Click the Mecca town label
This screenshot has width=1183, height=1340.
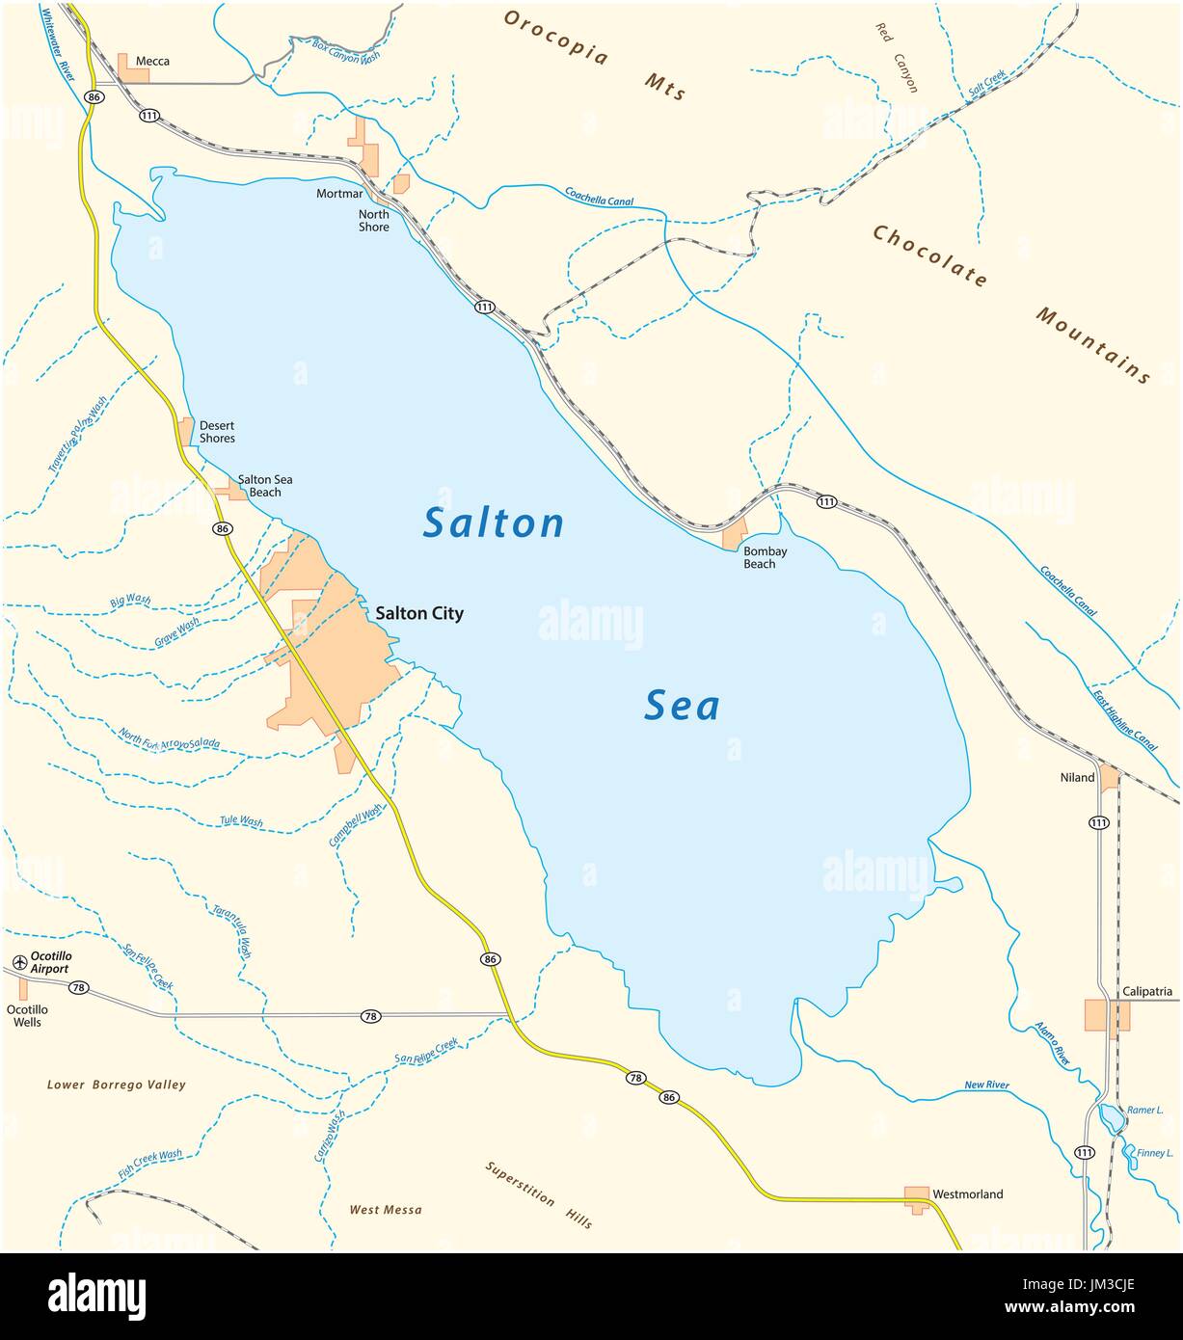pyautogui.click(x=152, y=61)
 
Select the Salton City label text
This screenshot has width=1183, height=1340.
pyautogui.click(x=419, y=613)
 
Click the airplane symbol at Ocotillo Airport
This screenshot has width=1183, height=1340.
pyautogui.click(x=19, y=962)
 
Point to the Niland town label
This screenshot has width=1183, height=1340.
pyautogui.click(x=1077, y=777)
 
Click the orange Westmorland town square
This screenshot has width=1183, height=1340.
pyautogui.click(x=916, y=1195)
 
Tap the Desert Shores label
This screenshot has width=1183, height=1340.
pyautogui.click(x=217, y=432)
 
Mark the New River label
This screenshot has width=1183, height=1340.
pyautogui.click(x=986, y=1085)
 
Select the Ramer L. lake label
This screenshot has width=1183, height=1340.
pyautogui.click(x=1146, y=1110)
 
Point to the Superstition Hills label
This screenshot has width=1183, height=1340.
pyautogui.click(x=538, y=1194)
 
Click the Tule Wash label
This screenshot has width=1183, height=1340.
pyautogui.click(x=241, y=821)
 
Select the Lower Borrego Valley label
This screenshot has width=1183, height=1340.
pyautogui.click(x=117, y=1085)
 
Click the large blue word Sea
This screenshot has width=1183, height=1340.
pyautogui.click(x=682, y=707)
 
